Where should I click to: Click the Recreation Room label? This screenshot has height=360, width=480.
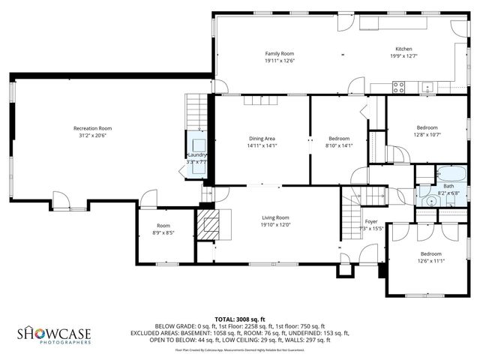92,128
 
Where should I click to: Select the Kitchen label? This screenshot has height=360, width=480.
403,49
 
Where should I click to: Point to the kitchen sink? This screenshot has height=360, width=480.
427,86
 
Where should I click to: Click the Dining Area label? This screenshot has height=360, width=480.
262,139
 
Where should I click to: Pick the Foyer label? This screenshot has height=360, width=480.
371,222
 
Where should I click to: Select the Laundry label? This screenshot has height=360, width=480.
196,154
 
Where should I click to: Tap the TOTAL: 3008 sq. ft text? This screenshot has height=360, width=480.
240,319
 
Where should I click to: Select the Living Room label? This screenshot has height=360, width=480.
275,217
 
